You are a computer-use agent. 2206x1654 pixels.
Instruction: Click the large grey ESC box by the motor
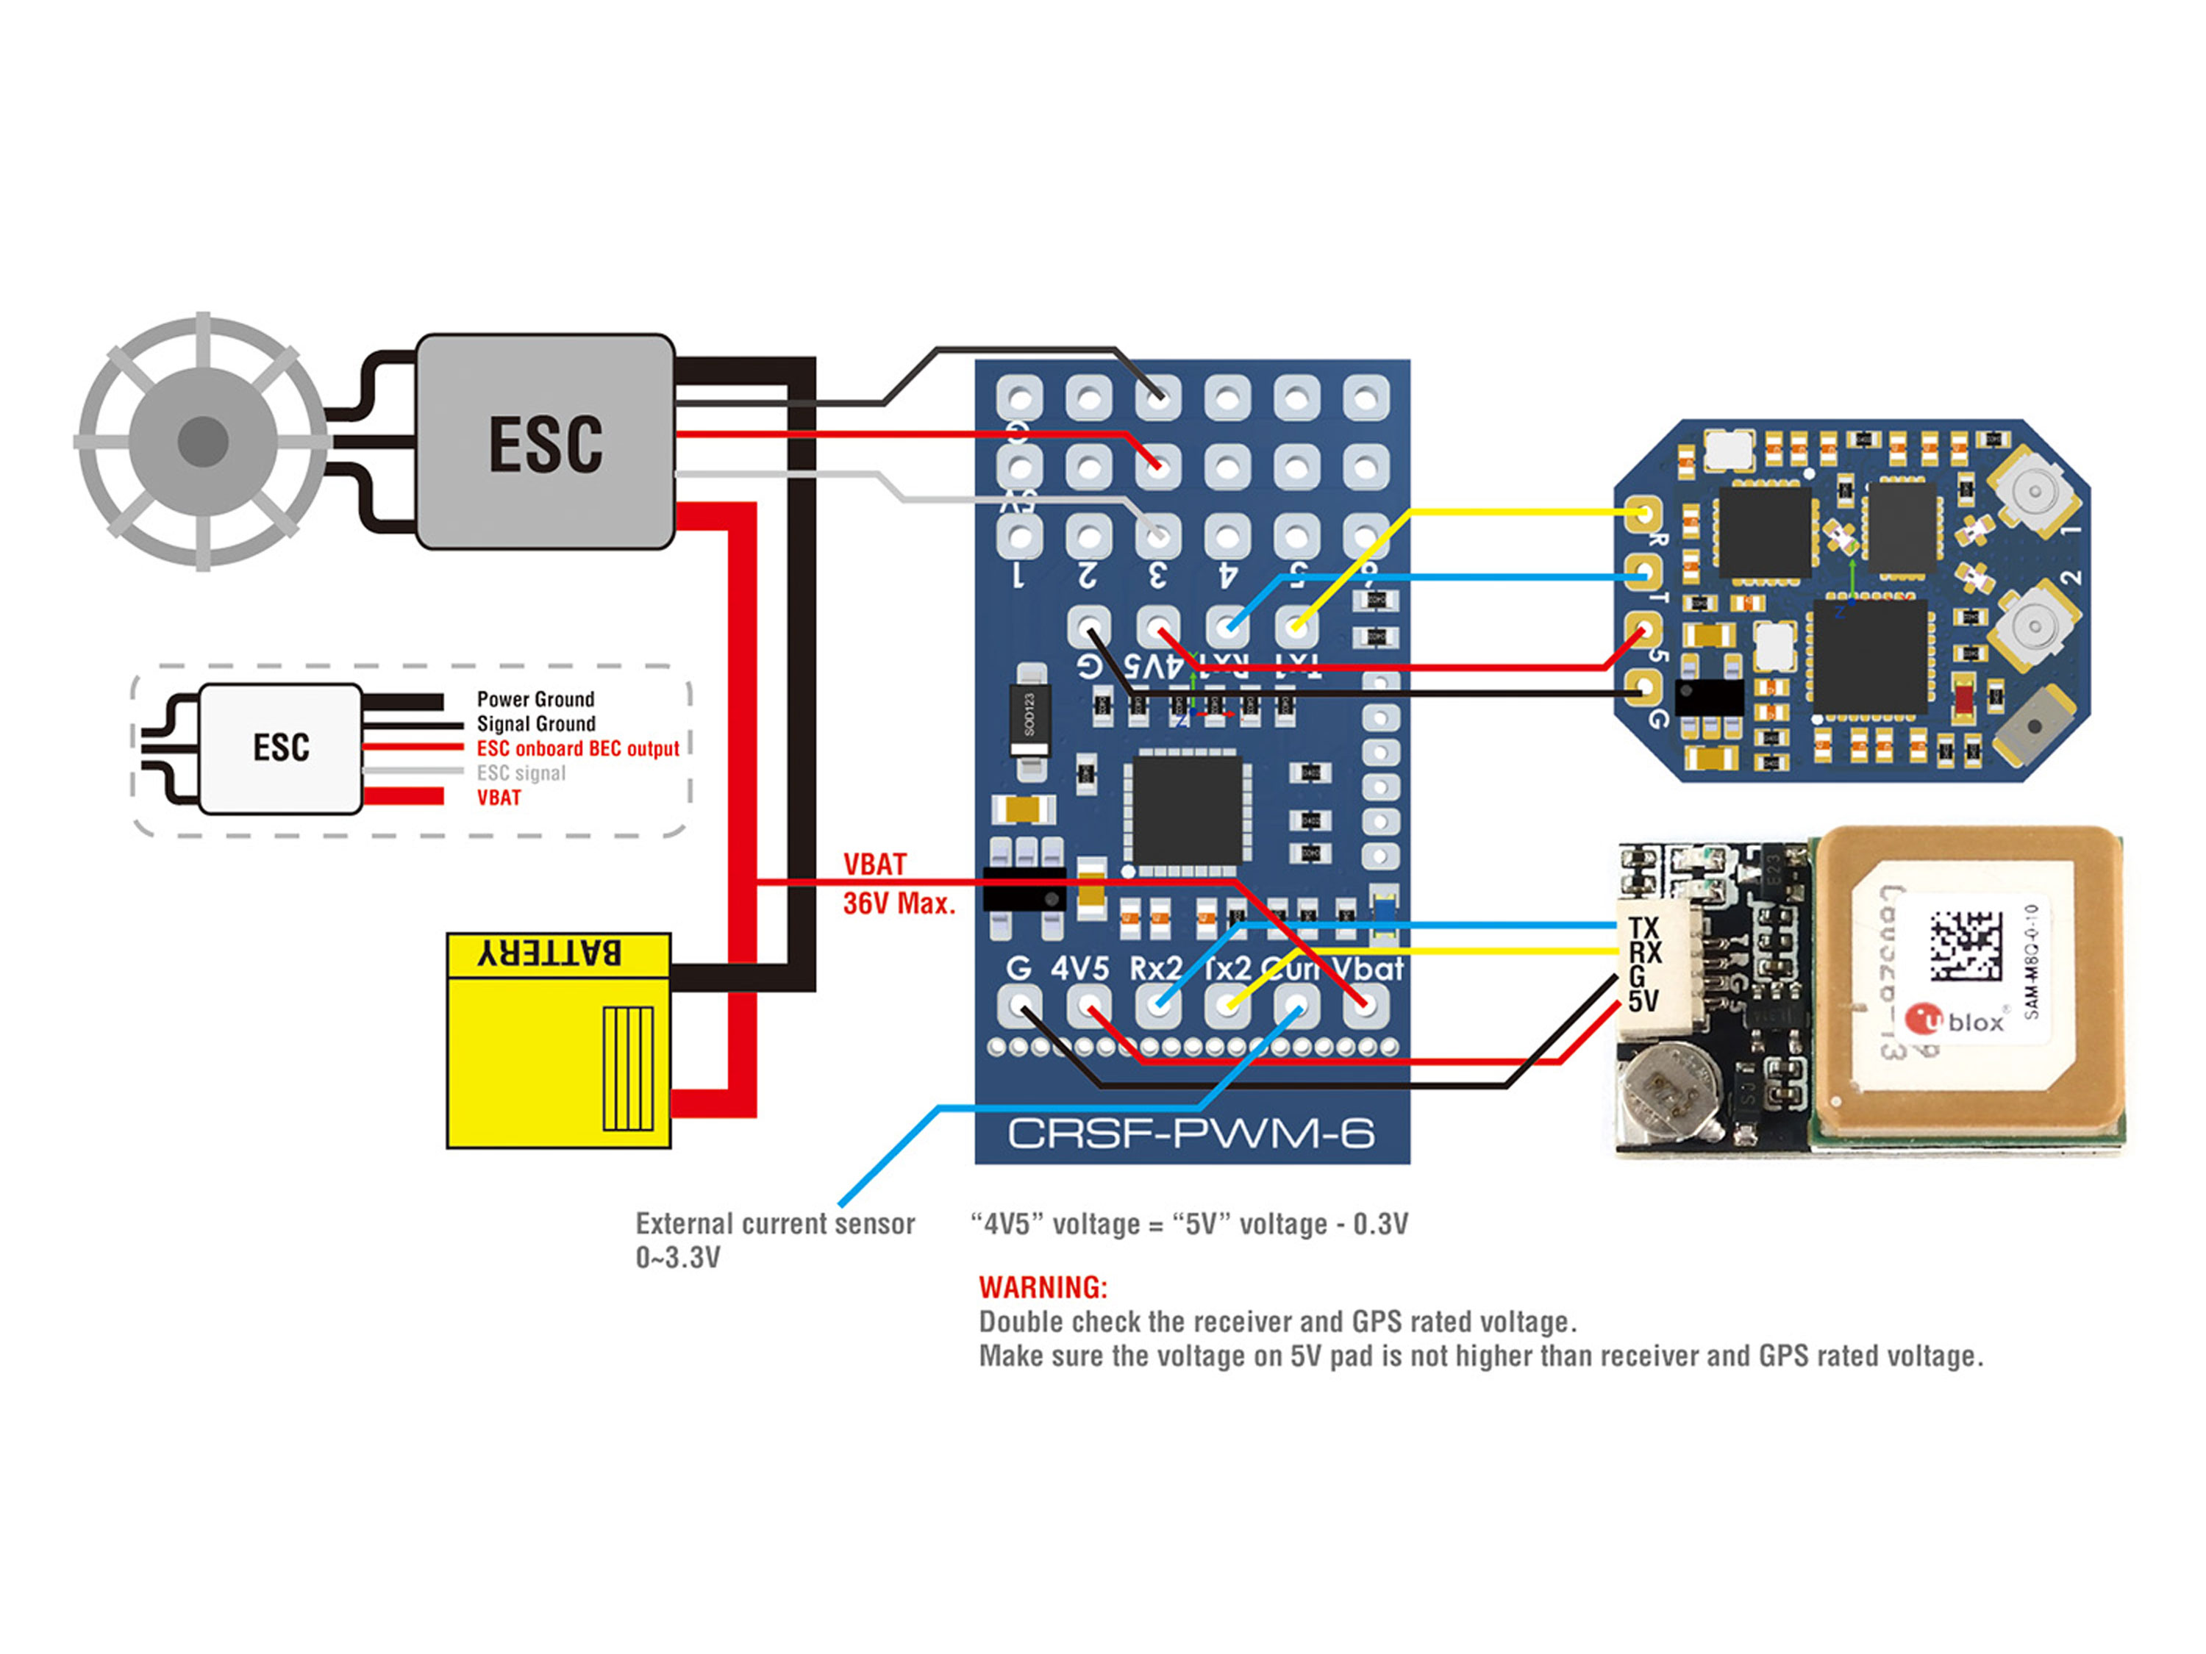[x=545, y=442]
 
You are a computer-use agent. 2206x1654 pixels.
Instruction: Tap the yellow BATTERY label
[x=551, y=953]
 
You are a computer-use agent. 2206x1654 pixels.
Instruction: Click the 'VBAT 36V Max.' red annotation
[x=898, y=884]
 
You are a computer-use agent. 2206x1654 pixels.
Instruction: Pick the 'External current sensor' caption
[x=775, y=1224]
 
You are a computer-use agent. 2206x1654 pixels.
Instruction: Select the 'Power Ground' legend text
[x=535, y=699]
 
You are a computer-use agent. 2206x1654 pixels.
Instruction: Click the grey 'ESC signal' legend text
[x=521, y=773]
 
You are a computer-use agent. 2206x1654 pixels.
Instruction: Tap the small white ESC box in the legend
[x=280, y=748]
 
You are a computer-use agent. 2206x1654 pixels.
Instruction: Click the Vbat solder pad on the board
[x=1366, y=1004]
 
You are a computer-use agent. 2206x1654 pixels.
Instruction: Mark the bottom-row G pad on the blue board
[x=1019, y=1004]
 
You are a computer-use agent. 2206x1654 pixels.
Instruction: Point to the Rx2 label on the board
[x=1155, y=968]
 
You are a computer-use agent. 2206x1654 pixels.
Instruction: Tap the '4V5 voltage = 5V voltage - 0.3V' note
[x=1189, y=1224]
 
